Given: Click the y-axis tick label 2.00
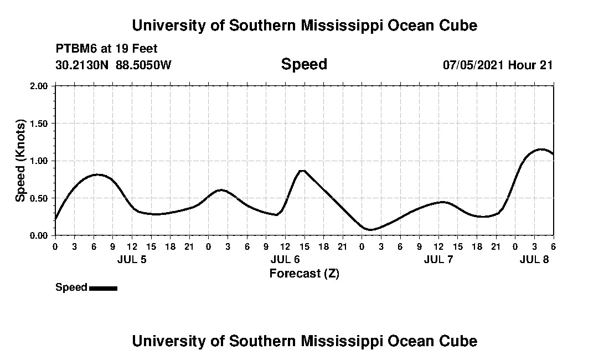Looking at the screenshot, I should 40,86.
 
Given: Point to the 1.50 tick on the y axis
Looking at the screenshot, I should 40,124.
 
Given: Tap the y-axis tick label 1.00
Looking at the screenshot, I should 40,161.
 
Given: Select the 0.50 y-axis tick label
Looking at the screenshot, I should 40,198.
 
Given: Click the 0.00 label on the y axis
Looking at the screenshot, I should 40,235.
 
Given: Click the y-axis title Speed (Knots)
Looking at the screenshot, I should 20,160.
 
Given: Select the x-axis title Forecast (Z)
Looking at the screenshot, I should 304,273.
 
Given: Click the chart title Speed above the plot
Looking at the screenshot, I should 304,64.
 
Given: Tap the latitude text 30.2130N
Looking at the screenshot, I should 82,65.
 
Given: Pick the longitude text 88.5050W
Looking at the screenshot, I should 143,65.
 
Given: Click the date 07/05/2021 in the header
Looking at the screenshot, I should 473,65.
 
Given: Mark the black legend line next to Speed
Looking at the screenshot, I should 103,288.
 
